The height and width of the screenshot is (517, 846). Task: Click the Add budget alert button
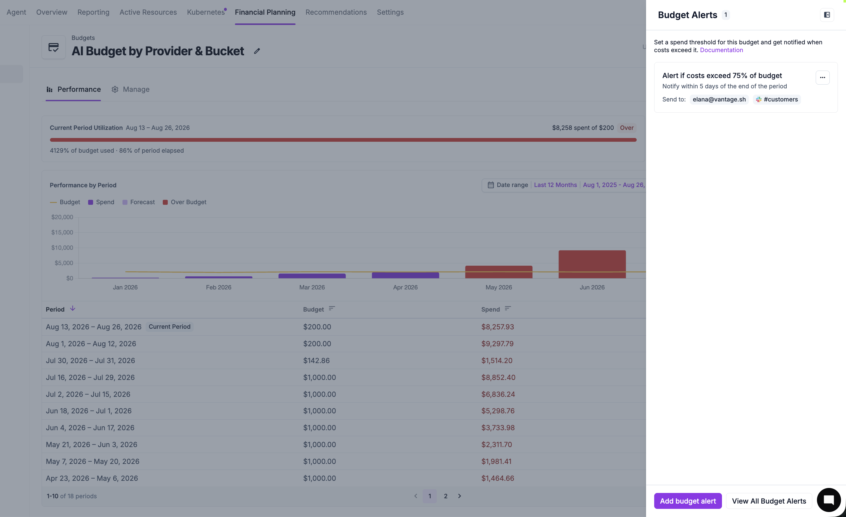click(687, 501)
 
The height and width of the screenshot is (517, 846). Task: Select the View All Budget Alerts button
click(769, 501)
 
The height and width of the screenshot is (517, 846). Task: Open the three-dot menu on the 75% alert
click(822, 77)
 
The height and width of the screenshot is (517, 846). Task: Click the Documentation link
click(721, 50)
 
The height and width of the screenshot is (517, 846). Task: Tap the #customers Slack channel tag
click(777, 100)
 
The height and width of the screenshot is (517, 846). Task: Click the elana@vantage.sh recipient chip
click(719, 100)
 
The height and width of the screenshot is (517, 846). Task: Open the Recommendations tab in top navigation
click(336, 12)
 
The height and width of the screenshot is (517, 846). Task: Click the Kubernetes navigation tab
click(206, 12)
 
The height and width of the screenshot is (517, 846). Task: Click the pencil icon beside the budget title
click(257, 51)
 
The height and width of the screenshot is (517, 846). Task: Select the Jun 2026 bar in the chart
click(592, 264)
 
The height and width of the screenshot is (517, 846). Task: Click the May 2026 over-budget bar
click(499, 272)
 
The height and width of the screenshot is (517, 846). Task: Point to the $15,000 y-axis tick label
click(62, 232)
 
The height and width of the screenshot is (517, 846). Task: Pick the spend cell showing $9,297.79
click(497, 344)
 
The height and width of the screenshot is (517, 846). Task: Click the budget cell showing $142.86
click(316, 361)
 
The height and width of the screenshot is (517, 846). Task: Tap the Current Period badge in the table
click(169, 327)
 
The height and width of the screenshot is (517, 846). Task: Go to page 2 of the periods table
click(445, 496)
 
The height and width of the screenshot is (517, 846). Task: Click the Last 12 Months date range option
click(555, 185)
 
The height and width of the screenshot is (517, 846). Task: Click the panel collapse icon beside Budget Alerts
click(827, 15)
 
